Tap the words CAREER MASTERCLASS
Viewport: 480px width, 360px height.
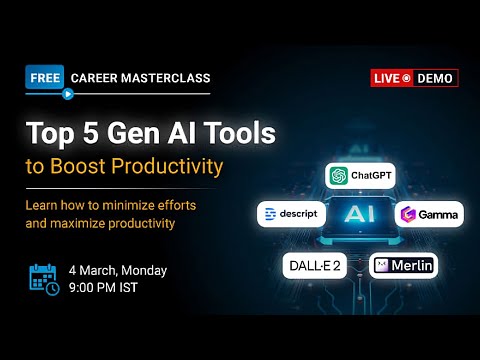click(140, 77)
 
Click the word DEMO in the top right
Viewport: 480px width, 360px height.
click(437, 78)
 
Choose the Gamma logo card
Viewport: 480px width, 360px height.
click(430, 214)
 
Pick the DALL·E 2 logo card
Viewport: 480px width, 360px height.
click(318, 266)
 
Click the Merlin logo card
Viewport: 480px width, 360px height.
click(404, 266)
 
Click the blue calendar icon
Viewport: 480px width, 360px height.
click(43, 279)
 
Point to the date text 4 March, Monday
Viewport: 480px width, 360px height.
click(118, 270)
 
